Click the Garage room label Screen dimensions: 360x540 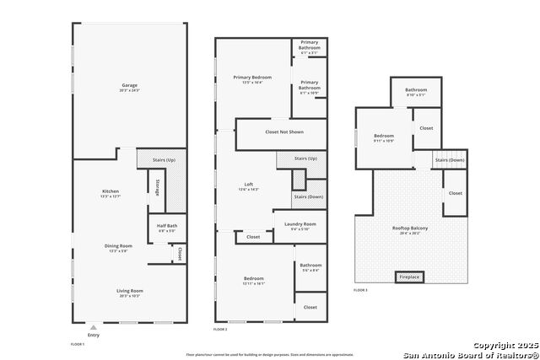tap(129, 86)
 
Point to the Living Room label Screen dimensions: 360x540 tap(129, 291)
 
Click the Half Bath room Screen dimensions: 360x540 tap(166, 226)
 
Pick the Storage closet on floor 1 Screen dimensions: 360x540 tap(157, 188)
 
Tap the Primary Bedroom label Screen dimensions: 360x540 tap(253, 78)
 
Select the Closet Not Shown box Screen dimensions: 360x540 tap(283, 132)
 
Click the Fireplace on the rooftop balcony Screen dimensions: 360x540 tap(409, 277)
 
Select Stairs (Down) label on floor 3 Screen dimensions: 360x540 tap(450, 159)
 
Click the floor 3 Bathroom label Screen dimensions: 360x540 tap(415, 90)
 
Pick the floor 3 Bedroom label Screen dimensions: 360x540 tap(384, 136)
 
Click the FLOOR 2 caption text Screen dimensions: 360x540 tap(220, 329)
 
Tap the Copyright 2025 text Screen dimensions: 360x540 tap(505, 346)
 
